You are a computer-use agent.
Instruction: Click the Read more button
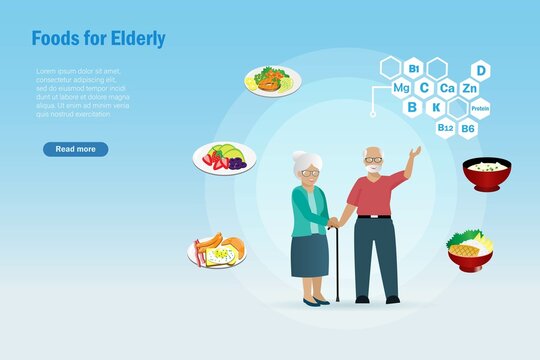point(75,149)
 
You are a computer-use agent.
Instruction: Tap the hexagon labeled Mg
point(401,88)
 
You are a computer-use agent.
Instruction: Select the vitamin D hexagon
point(480,70)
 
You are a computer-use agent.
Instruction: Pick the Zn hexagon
point(469,88)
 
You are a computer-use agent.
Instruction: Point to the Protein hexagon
point(480,108)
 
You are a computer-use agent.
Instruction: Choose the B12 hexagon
point(446,127)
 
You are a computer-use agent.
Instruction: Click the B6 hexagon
point(469,127)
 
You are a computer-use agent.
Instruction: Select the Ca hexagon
point(447,88)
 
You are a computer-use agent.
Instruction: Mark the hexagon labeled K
point(436,107)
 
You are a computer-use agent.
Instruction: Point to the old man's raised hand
point(414,153)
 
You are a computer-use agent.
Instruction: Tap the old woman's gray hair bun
point(300,157)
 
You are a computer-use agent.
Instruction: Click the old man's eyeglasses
point(372,160)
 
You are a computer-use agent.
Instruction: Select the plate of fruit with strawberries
point(225,157)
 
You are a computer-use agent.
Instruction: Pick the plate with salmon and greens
point(271,80)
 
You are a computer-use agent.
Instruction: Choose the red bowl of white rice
point(486,173)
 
